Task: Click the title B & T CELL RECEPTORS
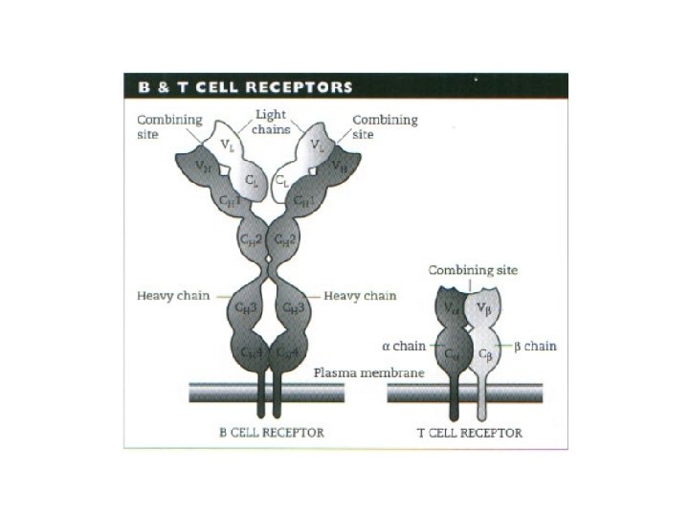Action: [x=243, y=86]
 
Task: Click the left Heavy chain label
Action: [x=169, y=296]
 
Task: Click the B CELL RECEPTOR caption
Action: [x=272, y=433]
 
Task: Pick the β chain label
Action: [x=531, y=346]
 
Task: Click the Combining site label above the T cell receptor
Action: [x=473, y=270]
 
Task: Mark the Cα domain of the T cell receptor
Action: [x=452, y=354]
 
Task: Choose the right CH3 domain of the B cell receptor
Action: [x=292, y=307]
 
